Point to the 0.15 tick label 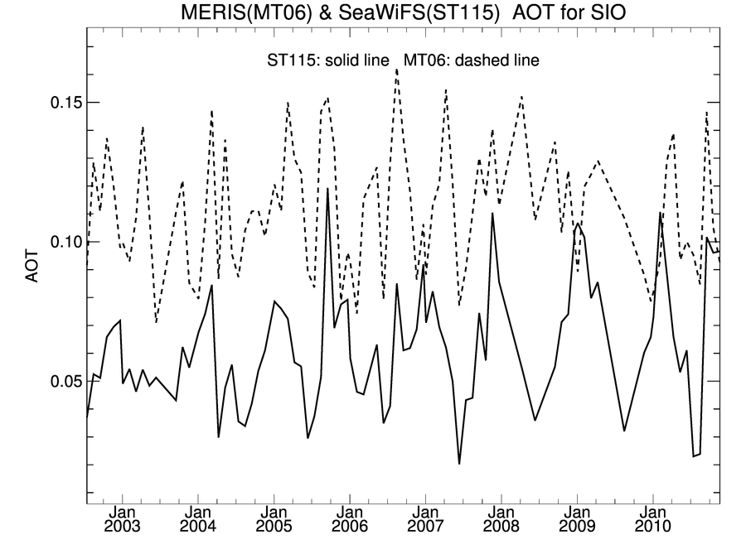pyautogui.click(x=58, y=103)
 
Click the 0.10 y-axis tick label pyautogui.click(x=58, y=242)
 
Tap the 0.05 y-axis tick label pyautogui.click(x=58, y=381)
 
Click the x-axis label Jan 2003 pyautogui.click(x=122, y=519)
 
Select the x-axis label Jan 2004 pyautogui.click(x=198, y=519)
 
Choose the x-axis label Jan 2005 pyautogui.click(x=274, y=519)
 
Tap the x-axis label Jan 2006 pyautogui.click(x=350, y=519)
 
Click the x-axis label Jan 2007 pyautogui.click(x=425, y=519)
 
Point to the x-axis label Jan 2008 pyautogui.click(x=501, y=519)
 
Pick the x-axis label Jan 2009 pyautogui.click(x=578, y=519)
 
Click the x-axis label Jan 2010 pyautogui.click(x=653, y=519)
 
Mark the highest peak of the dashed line pyautogui.click(x=396, y=70)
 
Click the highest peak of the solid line pyautogui.click(x=327, y=189)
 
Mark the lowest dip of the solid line pyautogui.click(x=459, y=464)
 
